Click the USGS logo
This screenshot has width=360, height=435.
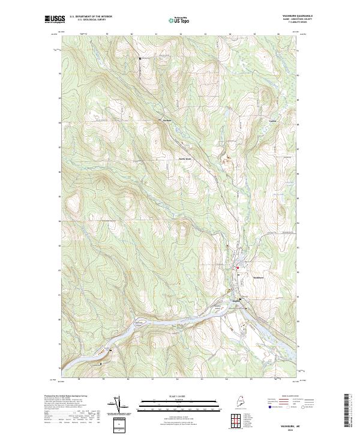tap(55, 19)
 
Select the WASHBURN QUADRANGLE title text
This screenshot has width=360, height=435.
tap(304, 16)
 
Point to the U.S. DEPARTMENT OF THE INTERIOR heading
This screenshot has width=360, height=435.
tap(91, 16)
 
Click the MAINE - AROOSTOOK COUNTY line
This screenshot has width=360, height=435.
tap(304, 20)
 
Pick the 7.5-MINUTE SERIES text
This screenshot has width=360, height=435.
tap(304, 23)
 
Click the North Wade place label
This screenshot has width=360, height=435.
tap(185, 158)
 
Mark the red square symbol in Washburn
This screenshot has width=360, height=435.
tap(238, 268)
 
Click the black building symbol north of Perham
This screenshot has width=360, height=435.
tap(140, 58)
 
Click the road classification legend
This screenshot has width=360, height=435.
tap(289, 403)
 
